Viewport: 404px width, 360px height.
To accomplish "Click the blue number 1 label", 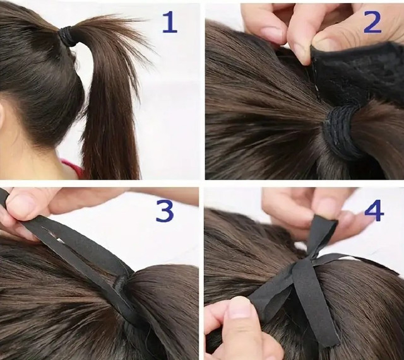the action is [x=170, y=23].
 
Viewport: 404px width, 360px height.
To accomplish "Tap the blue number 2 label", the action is [x=372, y=23].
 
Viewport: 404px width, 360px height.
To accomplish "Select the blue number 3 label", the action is [x=165, y=211].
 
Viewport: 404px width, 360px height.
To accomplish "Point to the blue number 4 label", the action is [x=374, y=211].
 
